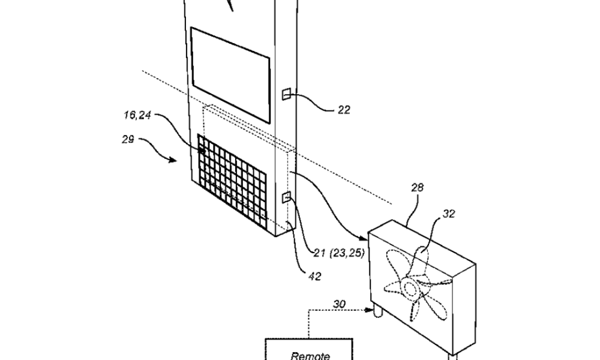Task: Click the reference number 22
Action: (x=344, y=110)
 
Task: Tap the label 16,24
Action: (x=137, y=115)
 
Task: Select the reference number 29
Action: (x=128, y=140)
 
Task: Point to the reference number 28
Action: (x=418, y=187)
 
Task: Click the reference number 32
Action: (x=449, y=214)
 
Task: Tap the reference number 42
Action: (x=314, y=276)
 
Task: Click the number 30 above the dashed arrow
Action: (x=339, y=304)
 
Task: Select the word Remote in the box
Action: (x=310, y=356)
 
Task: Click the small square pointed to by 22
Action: (x=286, y=94)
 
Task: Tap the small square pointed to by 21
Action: (x=286, y=197)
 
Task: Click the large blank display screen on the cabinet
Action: (x=231, y=74)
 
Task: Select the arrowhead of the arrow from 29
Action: (x=173, y=160)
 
